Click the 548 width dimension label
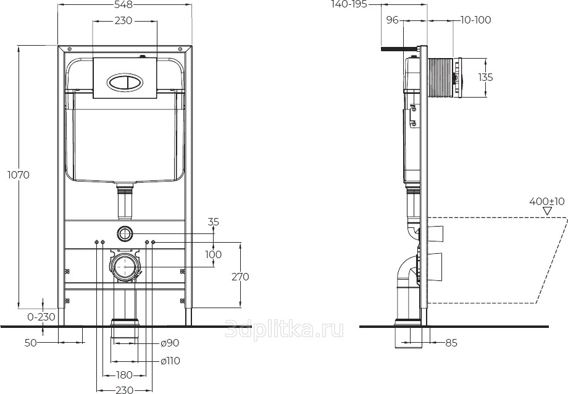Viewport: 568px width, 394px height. (123, 4)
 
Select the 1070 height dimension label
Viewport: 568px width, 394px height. (19, 175)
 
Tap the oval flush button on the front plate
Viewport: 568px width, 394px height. (125, 82)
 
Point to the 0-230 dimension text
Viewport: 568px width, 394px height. (41, 317)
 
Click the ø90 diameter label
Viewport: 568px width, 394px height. (170, 343)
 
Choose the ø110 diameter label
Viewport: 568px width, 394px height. (170, 361)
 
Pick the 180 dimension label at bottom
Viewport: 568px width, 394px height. (124, 375)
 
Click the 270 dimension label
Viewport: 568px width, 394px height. (240, 277)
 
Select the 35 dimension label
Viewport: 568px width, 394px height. (214, 222)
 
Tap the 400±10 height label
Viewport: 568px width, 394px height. (546, 201)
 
